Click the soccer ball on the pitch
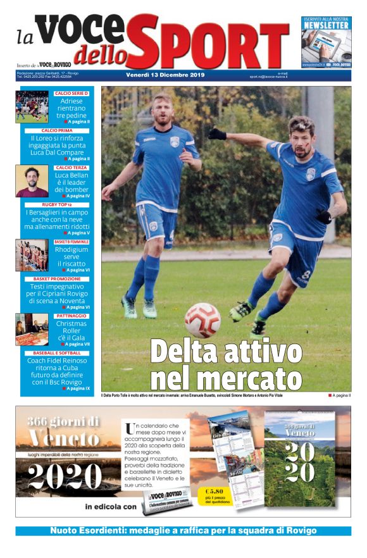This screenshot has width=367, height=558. (x=202, y=319)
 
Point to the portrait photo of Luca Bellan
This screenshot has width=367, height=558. (x=32, y=182)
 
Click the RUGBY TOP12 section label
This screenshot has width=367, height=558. (x=57, y=205)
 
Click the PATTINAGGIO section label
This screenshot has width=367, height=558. (x=71, y=315)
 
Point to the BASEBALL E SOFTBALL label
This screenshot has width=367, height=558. (x=57, y=352)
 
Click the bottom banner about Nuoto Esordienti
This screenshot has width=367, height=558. (x=183, y=530)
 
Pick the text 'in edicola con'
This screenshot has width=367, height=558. (x=111, y=506)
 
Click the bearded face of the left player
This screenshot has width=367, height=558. (x=163, y=111)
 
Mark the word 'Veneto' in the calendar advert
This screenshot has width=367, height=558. (x=63, y=438)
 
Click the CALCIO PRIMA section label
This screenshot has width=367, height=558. (x=57, y=130)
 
